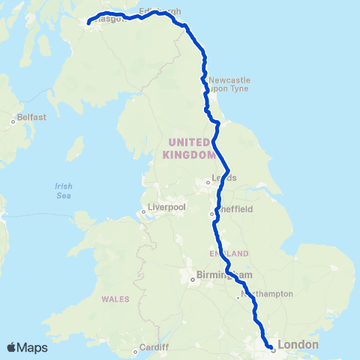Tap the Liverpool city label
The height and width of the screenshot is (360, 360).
point(166,205)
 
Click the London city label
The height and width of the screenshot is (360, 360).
point(298,345)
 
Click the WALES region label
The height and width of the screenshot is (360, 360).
point(115,299)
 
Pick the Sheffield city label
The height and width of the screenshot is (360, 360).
point(235,209)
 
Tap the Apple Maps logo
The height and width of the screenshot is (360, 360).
point(27,347)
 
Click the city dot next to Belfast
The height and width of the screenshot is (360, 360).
point(13,121)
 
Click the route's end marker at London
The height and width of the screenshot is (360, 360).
point(271,347)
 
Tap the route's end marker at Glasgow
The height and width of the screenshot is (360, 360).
point(89,23)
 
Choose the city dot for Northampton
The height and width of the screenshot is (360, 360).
point(238,298)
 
